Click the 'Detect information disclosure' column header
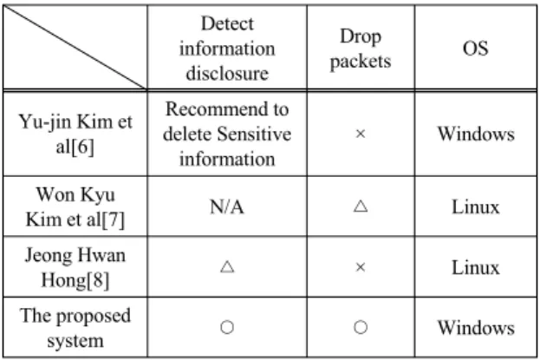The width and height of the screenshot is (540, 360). (227, 49)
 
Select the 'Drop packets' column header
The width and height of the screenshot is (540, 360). (361, 49)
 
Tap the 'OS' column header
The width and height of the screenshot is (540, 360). (475, 49)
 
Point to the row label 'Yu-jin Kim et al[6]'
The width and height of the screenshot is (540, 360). (75, 134)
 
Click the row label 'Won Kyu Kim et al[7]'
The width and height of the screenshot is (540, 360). (75, 207)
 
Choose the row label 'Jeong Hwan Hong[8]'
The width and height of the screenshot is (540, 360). (75, 267)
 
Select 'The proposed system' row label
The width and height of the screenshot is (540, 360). (75, 328)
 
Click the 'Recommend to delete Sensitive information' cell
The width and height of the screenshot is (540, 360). (227, 134)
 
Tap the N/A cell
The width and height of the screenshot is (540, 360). (227, 207)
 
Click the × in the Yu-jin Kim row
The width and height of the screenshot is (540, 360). (361, 134)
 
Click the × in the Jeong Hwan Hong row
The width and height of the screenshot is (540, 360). (361, 267)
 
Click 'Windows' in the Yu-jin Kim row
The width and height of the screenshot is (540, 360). (476, 134)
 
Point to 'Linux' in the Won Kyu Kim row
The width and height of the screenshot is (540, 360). (476, 207)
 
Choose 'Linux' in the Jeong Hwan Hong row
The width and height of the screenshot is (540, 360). (476, 267)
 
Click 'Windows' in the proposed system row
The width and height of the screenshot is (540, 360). (476, 327)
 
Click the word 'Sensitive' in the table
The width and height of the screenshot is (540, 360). (254, 134)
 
